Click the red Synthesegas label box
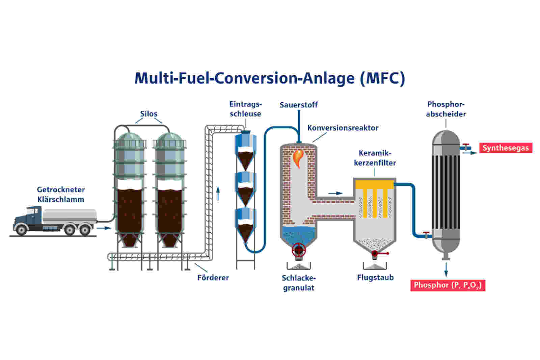(505, 148)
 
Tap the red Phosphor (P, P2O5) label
(448, 285)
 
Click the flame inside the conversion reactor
(298, 157)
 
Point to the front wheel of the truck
(22, 230)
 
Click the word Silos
(148, 114)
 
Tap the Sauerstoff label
(298, 105)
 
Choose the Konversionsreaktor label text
(343, 128)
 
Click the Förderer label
(213, 278)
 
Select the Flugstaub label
(375, 278)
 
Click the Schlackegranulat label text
(299, 283)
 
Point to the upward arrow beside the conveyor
(218, 193)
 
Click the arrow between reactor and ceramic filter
(335, 193)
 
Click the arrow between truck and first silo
(104, 228)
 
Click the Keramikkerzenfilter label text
(375, 158)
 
